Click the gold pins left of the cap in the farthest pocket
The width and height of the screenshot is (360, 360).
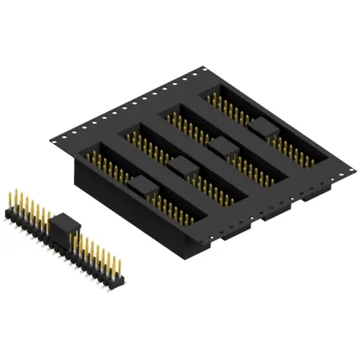[227, 108]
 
